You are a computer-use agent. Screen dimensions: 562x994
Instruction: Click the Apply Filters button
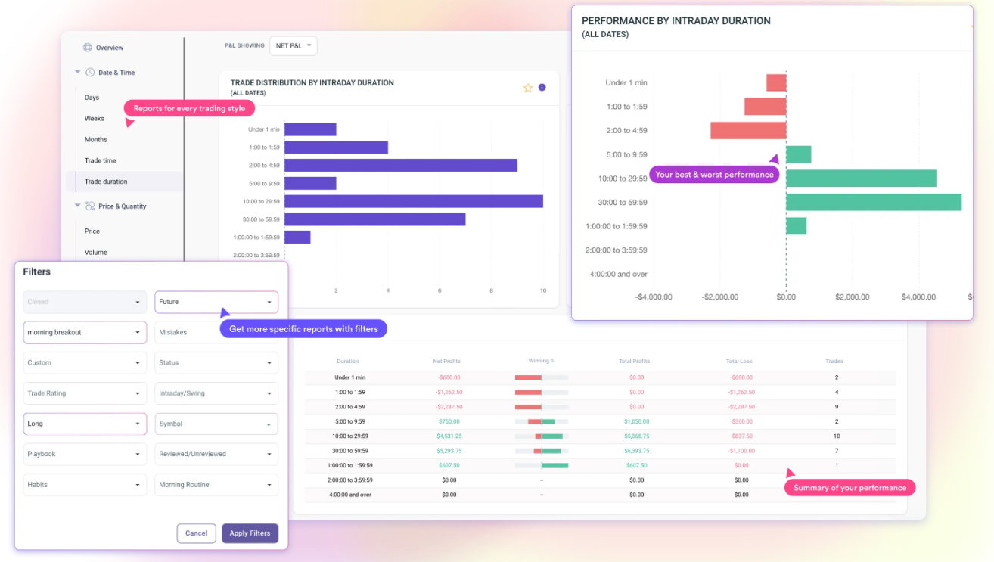pos(250,533)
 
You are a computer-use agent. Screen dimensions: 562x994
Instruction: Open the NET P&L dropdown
pos(293,46)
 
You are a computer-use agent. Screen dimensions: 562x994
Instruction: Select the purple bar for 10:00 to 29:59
pos(413,201)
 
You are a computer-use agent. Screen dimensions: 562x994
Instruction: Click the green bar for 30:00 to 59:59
pos(873,202)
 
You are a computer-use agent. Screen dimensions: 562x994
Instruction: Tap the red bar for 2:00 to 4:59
pos(747,130)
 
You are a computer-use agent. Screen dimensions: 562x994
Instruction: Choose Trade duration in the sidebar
pos(106,182)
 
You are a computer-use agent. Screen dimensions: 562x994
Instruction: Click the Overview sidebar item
pos(109,48)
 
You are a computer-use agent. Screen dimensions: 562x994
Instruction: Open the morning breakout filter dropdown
pos(85,332)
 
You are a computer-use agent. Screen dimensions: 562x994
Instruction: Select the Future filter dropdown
pos(216,302)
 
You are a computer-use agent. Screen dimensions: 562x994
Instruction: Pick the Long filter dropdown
pos(85,424)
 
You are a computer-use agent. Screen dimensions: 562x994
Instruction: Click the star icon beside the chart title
pos(528,88)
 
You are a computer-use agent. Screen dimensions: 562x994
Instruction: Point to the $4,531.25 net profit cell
pos(449,436)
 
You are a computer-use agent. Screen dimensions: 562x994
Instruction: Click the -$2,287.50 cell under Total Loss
pos(741,407)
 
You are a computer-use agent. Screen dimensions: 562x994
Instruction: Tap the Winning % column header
pos(542,362)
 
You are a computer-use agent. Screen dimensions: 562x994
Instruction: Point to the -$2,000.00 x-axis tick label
pos(719,297)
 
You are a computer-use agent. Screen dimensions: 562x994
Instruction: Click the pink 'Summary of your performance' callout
pos(850,488)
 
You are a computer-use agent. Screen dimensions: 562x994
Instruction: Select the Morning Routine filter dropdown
pos(216,485)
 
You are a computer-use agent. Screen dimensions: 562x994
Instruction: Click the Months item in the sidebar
pos(96,140)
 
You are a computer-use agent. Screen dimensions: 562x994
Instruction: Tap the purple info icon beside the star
pos(542,88)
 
